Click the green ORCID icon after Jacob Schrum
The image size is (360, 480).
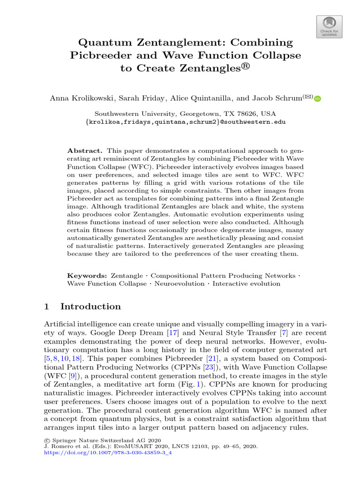pyautogui.click(x=317, y=98)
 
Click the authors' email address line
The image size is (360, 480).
pyautogui.click(x=186, y=121)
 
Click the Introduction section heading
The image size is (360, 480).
pyautogui.click(x=90, y=307)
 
